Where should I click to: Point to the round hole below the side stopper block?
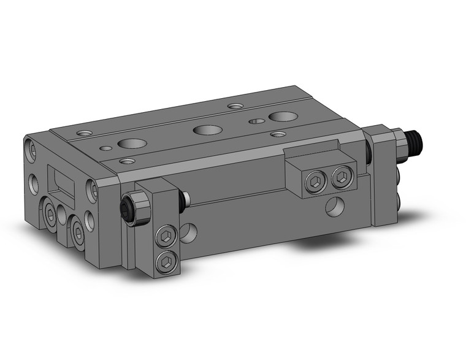[x=335, y=207]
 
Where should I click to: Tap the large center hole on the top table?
[x=204, y=129]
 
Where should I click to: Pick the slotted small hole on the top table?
[x=256, y=121]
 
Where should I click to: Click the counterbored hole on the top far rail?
[x=235, y=106]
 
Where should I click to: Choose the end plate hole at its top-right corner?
[x=93, y=190]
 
